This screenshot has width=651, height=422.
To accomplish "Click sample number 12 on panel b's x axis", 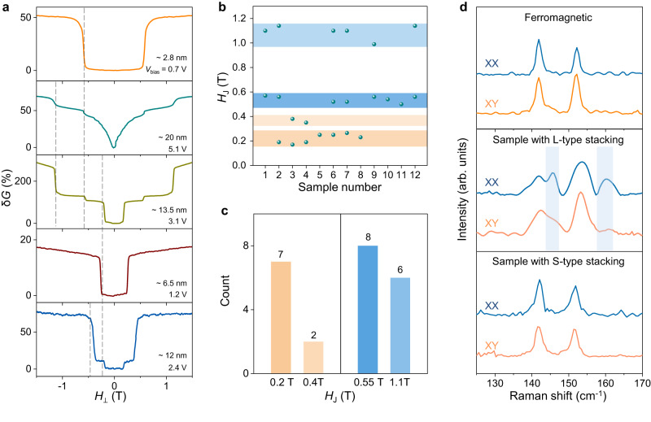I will [x=415, y=176].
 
